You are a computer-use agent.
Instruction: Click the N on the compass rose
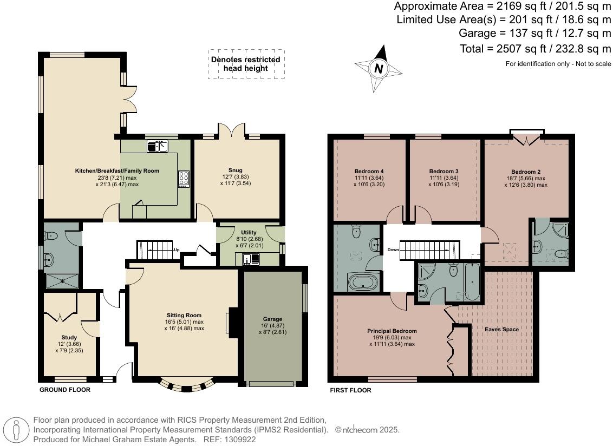(x=379, y=69)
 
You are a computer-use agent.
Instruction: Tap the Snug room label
(x=236, y=170)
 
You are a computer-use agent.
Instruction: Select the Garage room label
(x=272, y=319)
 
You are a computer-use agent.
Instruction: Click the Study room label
(x=69, y=337)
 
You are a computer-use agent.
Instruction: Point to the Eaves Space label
(x=501, y=329)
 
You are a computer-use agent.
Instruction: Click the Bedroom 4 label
(x=369, y=171)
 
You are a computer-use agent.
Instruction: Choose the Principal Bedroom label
(x=392, y=331)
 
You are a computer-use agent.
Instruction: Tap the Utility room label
(x=249, y=232)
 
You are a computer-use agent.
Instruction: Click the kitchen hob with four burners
(x=184, y=179)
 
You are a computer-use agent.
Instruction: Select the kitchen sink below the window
(x=157, y=147)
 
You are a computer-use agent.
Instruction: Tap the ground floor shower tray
(x=63, y=281)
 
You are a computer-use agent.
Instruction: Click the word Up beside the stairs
(x=177, y=250)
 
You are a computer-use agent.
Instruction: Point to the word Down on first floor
(x=393, y=250)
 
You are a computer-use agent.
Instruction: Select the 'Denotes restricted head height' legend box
(x=246, y=64)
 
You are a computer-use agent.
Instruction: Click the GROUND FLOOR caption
(x=65, y=390)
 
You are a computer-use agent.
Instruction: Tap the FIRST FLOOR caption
(x=351, y=390)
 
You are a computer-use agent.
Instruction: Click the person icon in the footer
(x=16, y=430)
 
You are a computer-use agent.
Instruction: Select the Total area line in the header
(x=535, y=49)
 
